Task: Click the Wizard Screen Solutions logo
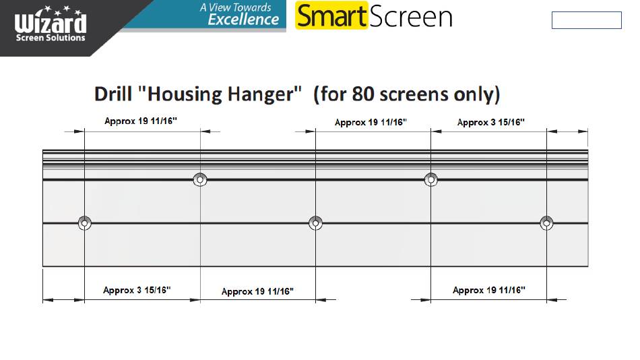(51, 24)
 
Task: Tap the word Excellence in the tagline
(243, 19)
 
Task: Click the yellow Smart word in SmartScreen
(332, 16)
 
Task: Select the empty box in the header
(587, 20)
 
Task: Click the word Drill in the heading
(113, 94)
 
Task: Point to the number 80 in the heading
(363, 94)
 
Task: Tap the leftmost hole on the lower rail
(84, 223)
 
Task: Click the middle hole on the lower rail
(315, 223)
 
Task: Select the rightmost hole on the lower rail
(546, 223)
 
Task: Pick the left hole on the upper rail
(200, 179)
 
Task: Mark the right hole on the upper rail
(431, 179)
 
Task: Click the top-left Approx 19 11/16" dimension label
(141, 121)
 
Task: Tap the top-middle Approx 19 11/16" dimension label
(371, 123)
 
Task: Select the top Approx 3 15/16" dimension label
(490, 122)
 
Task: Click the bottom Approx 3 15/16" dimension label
(137, 290)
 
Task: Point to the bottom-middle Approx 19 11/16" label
(257, 291)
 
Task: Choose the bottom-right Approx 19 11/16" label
(489, 290)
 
